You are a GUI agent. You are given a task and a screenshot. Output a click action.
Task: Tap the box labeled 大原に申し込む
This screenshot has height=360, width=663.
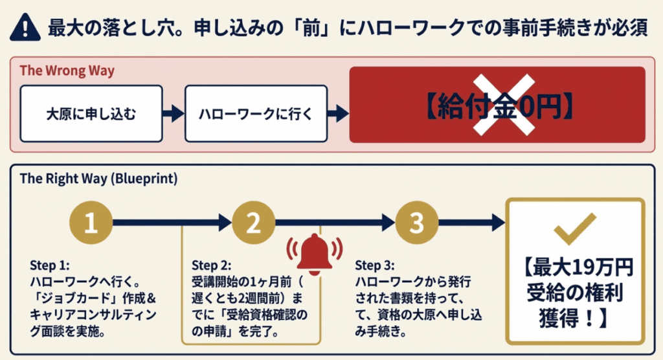tap(91, 114)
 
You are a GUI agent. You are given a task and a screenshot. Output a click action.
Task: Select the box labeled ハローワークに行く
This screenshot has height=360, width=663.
tap(256, 114)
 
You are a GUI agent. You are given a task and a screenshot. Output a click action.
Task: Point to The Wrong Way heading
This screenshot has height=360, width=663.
tap(67, 71)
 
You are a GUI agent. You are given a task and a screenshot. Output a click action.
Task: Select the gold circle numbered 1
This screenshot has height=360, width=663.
tap(91, 223)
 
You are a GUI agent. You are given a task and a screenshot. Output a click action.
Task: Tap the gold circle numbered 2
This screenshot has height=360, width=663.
tap(254, 223)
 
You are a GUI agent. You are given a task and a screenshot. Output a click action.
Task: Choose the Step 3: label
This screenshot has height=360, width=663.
tap(374, 265)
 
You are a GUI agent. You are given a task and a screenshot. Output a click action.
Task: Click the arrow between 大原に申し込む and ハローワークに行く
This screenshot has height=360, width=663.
tap(174, 114)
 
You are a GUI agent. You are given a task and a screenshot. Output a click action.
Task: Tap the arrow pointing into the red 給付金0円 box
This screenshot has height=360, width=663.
tap(338, 114)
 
